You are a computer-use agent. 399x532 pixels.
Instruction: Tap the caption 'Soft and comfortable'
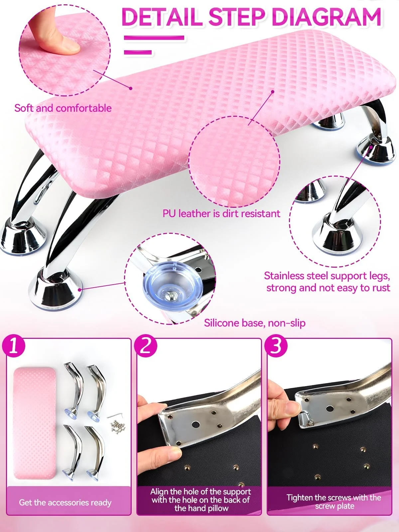63,108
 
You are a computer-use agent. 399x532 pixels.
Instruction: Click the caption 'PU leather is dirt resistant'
221,213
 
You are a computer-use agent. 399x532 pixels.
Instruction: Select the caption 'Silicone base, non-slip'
255,323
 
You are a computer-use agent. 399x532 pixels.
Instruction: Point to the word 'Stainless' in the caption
284,276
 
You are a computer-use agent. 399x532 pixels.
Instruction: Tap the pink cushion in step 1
35,423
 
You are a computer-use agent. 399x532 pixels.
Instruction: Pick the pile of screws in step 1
118,427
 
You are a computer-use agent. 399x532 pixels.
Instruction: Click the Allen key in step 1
115,415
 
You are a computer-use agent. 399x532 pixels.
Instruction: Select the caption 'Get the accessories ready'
65,502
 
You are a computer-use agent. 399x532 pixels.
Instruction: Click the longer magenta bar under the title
154,38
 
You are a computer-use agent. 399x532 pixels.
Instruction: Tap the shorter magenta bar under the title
138,52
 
